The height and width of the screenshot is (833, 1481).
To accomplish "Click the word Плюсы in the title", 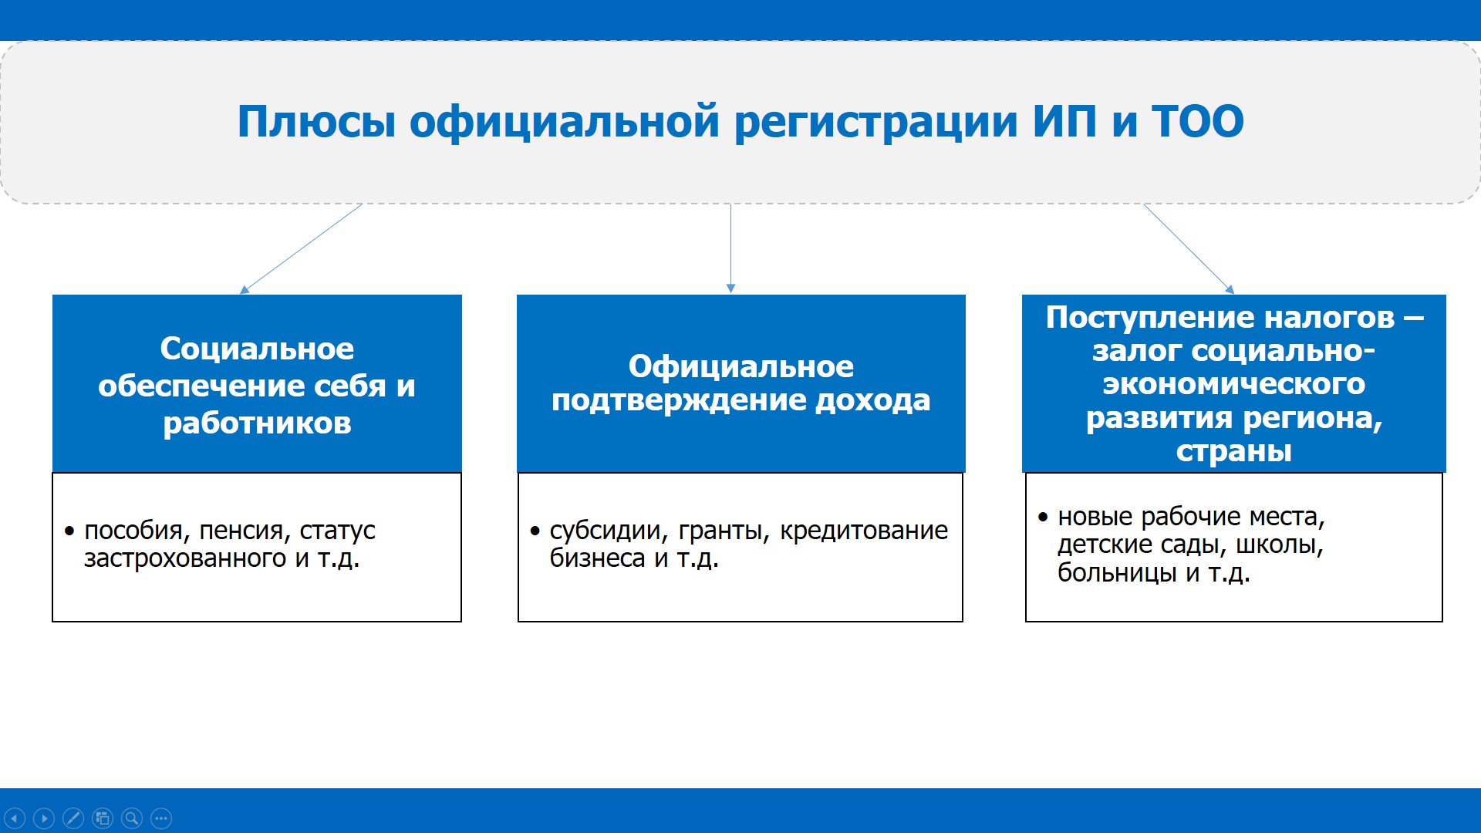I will click(316, 122).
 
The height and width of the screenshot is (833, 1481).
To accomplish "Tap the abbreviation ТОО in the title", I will click(1197, 122).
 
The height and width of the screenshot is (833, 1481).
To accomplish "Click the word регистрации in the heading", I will click(875, 122).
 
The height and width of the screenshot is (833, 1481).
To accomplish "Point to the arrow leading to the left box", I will click(301, 248).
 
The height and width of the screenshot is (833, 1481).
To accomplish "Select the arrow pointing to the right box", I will click(1189, 248).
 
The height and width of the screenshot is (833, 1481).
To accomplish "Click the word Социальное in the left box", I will click(257, 349).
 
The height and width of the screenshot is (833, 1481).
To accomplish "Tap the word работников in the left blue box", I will click(257, 423).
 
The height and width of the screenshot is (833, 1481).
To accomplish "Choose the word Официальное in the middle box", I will click(740, 366).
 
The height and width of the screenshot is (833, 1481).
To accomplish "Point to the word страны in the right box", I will click(1233, 450).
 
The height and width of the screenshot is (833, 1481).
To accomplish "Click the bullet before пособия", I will click(69, 531).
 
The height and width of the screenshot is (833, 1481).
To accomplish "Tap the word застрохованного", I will click(185, 558).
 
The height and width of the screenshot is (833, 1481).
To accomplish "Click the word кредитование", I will click(864, 531).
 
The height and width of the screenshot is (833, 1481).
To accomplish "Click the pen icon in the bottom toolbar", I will click(73, 818).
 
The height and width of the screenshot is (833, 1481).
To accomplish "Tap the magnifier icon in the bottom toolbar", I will click(132, 818).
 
